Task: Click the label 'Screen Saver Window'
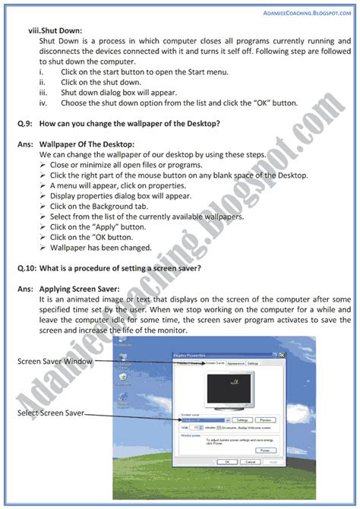(x=55, y=362)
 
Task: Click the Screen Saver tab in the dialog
(x=214, y=364)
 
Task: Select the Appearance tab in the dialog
(x=235, y=364)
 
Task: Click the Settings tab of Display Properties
(x=253, y=364)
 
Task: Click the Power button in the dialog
(x=264, y=450)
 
